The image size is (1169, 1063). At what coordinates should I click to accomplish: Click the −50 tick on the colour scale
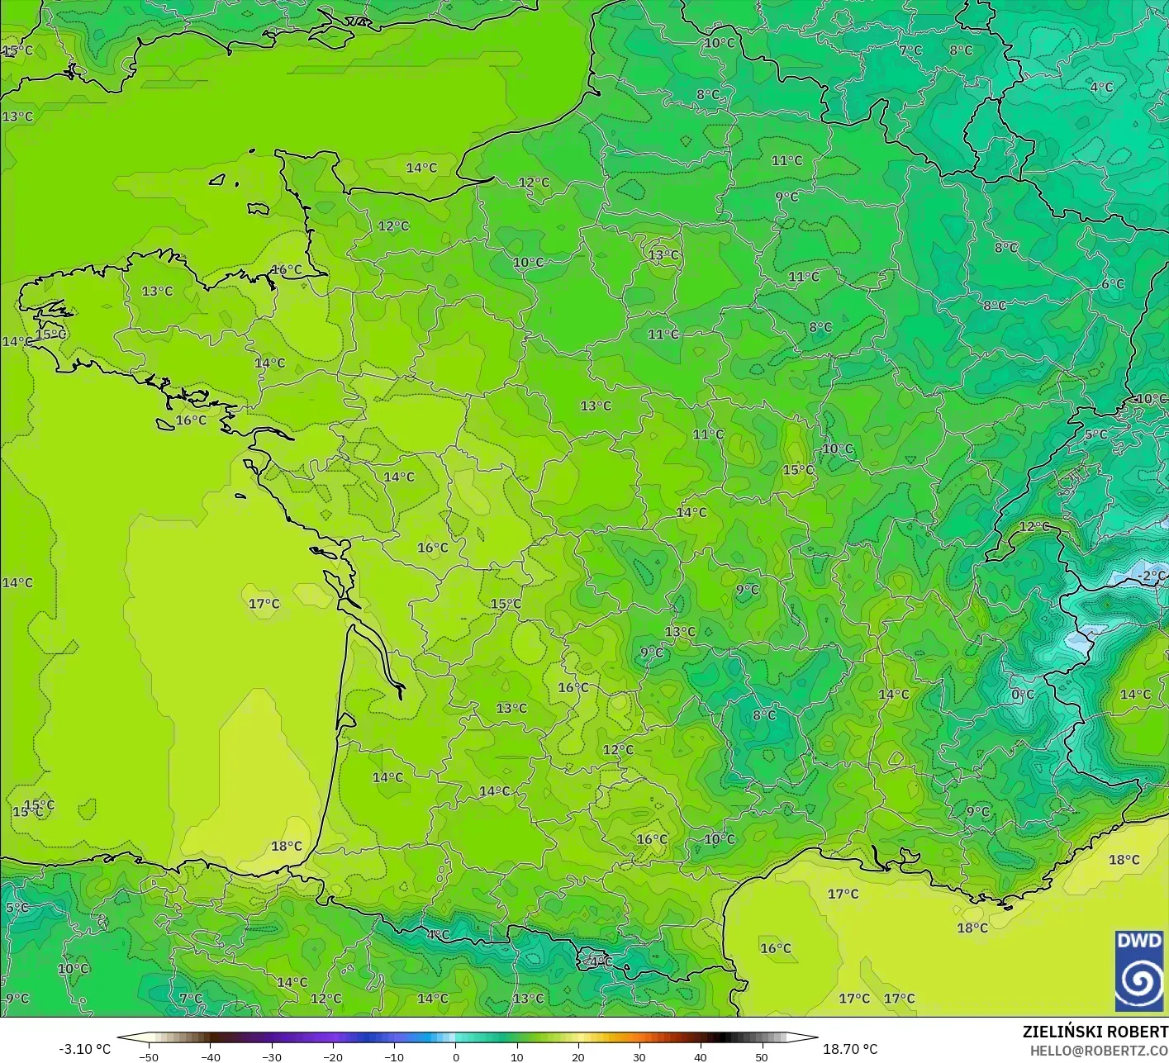(x=148, y=1056)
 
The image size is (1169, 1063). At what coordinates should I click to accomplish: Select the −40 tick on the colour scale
(x=210, y=1056)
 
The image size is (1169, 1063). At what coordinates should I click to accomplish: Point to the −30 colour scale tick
(x=271, y=1056)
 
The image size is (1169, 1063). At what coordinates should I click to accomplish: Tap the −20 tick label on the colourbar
(x=332, y=1056)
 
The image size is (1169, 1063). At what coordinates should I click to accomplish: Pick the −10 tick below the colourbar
(x=393, y=1056)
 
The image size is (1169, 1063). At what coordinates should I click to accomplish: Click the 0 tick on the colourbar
(x=455, y=1056)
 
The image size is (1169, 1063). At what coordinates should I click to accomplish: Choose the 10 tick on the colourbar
(x=516, y=1056)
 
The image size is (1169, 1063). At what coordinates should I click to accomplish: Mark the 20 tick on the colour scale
(x=577, y=1056)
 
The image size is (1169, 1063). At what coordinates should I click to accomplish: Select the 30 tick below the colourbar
(x=639, y=1056)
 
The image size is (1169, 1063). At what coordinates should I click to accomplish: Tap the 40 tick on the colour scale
(x=701, y=1056)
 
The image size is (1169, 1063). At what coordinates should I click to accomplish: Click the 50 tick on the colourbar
(x=762, y=1056)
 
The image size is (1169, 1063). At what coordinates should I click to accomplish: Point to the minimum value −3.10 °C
(x=84, y=1049)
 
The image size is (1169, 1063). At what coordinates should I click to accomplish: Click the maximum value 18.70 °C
(x=850, y=1049)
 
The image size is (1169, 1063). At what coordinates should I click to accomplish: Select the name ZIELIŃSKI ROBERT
(x=1095, y=1032)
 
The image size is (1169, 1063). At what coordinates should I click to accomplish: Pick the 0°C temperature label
(x=1023, y=695)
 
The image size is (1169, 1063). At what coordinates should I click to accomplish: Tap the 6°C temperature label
(x=1113, y=284)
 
